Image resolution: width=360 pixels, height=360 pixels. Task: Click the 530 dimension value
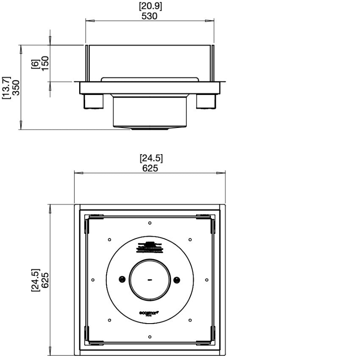150,16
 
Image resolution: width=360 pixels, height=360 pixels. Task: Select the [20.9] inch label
150,6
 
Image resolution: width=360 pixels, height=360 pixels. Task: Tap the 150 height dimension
45,64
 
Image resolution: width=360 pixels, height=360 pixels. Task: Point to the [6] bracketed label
35,64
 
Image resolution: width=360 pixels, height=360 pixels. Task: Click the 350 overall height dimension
16,88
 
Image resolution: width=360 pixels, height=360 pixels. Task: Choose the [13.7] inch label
6,88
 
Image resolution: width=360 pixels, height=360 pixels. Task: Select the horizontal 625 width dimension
150,168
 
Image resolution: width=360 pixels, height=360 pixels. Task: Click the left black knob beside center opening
122,279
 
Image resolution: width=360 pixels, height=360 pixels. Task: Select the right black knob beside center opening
177,279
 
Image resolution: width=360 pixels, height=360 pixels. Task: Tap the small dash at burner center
150,280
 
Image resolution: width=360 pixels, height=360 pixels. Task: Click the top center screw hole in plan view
150,223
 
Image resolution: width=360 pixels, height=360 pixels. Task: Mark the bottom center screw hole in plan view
150,337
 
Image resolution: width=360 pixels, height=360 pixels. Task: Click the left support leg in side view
93,102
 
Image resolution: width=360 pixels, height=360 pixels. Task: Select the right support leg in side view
206,102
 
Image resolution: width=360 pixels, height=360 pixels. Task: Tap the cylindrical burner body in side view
150,111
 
